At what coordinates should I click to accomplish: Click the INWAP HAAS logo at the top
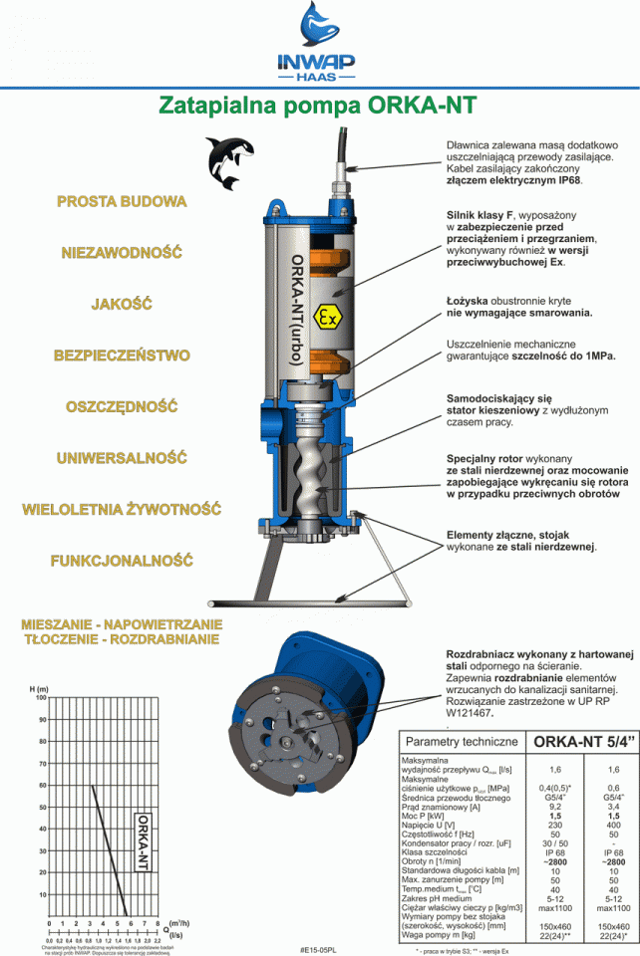(318, 44)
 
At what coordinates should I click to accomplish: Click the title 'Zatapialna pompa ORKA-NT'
(319, 106)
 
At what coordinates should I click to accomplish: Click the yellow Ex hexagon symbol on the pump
(326, 318)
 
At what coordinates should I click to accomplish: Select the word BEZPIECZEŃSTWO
(122, 355)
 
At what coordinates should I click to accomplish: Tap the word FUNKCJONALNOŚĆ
(122, 561)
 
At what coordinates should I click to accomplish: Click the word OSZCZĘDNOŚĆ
(122, 406)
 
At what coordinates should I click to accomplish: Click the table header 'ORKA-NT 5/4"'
(580, 741)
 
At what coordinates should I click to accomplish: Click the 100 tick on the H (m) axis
(41, 698)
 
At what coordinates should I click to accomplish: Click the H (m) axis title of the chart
(40, 688)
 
